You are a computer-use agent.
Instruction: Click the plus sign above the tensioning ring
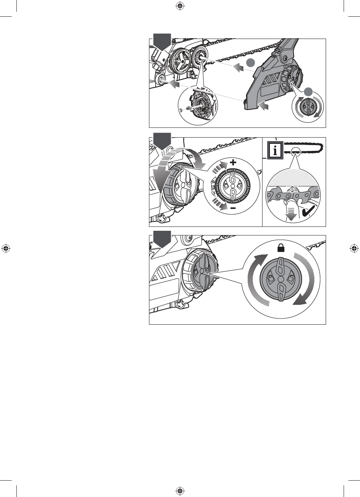click(233, 163)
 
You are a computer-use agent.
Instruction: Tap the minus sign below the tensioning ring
click(232, 209)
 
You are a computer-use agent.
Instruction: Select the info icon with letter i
click(275, 150)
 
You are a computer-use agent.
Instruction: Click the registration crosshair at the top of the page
click(180, 6)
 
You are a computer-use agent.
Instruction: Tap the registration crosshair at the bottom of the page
click(180, 491)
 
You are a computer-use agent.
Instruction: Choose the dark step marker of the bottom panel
click(162, 238)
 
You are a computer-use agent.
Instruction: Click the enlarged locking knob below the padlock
click(280, 279)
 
